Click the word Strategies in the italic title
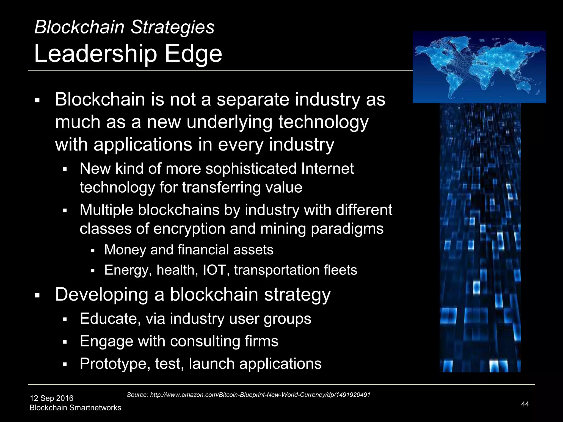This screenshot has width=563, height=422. (x=172, y=27)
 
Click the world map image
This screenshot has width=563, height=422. (x=479, y=67)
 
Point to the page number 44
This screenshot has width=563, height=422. (x=525, y=404)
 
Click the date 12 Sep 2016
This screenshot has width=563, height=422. (x=52, y=398)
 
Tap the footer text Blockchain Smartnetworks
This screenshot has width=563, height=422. (x=75, y=408)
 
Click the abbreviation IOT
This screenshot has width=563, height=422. (x=214, y=270)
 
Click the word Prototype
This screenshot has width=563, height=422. (x=115, y=364)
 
